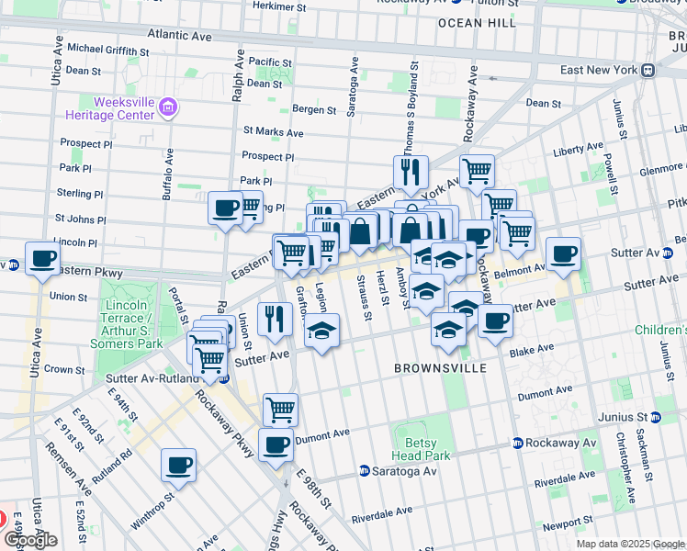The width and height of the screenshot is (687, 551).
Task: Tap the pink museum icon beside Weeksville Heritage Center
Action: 168,108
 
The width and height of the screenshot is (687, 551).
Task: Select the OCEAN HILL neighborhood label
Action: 477,22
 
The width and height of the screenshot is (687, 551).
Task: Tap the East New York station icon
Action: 648,70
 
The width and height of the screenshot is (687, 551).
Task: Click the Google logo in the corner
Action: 31,540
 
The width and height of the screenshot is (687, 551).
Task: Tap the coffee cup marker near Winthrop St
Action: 178,464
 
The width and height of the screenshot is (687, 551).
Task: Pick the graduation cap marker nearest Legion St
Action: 321,331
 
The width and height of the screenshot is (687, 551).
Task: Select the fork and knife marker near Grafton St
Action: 274,318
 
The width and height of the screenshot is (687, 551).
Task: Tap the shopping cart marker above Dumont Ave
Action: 280,409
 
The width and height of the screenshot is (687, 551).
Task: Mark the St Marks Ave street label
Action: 273,132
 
